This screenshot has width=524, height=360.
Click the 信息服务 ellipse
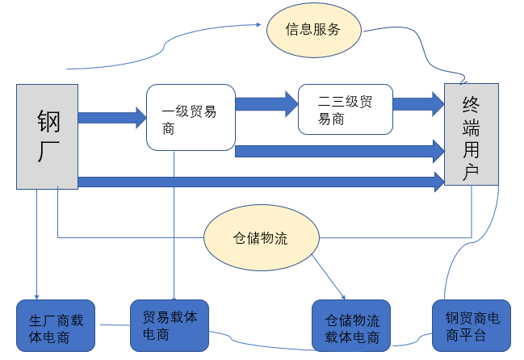(312, 30)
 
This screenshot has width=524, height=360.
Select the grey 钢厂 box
(47, 136)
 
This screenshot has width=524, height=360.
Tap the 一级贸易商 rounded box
(190, 118)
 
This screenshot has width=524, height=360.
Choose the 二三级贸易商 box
(345, 109)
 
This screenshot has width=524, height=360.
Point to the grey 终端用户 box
(470, 137)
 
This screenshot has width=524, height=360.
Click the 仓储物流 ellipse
(261, 239)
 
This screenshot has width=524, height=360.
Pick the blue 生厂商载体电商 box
(56, 326)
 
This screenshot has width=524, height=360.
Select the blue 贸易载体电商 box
(170, 324)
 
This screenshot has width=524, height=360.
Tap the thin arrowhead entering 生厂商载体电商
(36, 295)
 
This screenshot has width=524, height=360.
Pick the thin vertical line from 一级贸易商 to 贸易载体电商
(174, 226)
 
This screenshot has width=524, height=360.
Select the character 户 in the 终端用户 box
(471, 171)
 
